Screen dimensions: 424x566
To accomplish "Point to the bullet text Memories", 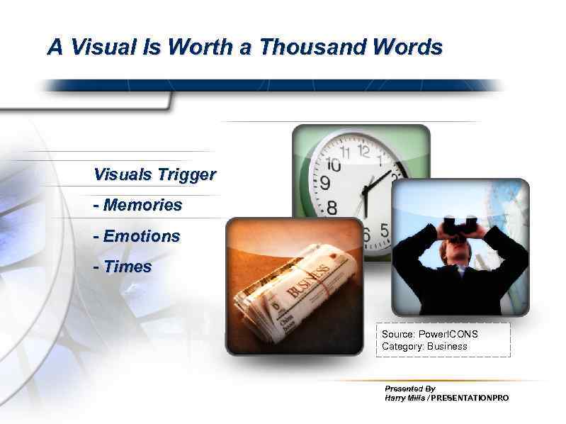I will pos(142,206).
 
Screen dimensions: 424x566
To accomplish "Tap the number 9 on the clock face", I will pos(325,184).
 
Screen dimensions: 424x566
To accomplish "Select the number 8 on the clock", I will pos(332,208).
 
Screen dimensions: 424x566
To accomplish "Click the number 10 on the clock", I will pos(332,164).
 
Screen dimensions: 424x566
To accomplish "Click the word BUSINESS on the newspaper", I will pos(308,281).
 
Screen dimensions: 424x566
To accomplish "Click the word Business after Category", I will pos(447,347).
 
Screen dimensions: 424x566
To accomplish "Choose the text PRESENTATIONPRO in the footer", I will pos(470,398).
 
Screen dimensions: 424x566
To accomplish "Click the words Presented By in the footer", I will pos(409,389).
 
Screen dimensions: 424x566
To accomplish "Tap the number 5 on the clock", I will pos(384,231).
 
